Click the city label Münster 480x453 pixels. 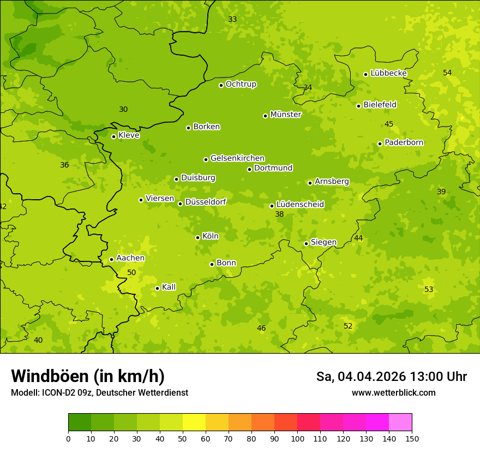pos(286,115)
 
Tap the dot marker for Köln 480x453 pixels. pos(197,237)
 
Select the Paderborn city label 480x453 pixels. pos(404,142)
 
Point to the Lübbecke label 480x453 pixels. pos(388,73)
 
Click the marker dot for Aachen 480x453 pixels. pos(111,259)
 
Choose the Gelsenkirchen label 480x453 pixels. pos(237,158)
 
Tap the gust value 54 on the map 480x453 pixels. pos(447,73)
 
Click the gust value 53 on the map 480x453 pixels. pos(429,289)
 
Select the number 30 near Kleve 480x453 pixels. pos(123,109)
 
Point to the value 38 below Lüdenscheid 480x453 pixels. pos(279,214)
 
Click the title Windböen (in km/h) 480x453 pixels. pos(88,376)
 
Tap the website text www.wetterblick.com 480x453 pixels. pos(393,392)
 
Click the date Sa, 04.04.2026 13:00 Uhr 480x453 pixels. pos(391,377)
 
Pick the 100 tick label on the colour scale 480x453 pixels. pos(297,438)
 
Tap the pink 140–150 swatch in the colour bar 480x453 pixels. pos(400,422)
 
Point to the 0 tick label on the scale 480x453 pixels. pos(68,438)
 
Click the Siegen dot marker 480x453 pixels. pos(306,243)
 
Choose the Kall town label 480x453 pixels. pos(169,287)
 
